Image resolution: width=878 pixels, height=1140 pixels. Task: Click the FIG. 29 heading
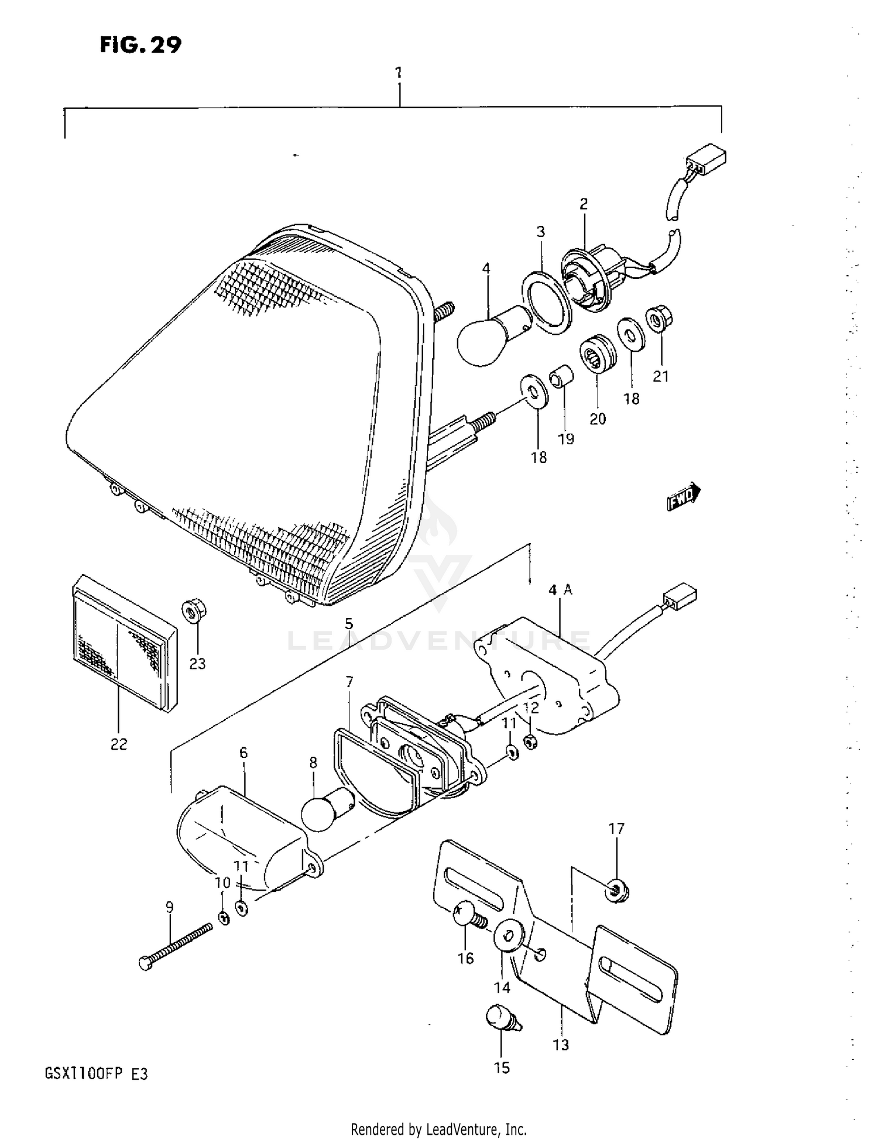coord(140,44)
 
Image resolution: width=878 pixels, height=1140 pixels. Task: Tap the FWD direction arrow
coord(684,496)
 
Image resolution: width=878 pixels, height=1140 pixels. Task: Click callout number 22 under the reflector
coord(118,744)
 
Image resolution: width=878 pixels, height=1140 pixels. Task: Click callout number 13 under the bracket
coord(560,1045)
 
